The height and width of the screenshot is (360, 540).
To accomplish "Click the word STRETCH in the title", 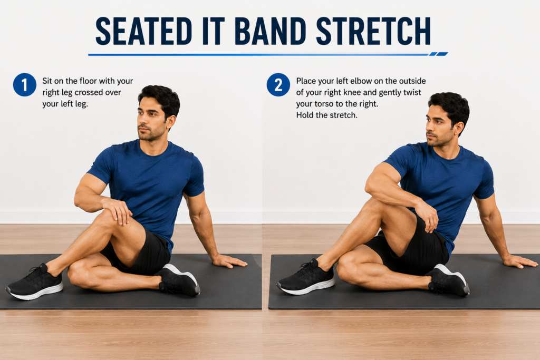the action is click(x=373, y=31).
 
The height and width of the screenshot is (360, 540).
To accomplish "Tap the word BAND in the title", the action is click(x=271, y=31).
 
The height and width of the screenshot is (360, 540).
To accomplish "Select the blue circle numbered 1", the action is click(x=25, y=85).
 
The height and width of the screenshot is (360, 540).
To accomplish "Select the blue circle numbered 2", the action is click(x=278, y=85).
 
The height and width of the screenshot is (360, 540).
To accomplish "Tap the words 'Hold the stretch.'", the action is click(x=327, y=115).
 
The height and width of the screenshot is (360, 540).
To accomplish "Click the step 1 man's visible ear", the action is click(x=169, y=122).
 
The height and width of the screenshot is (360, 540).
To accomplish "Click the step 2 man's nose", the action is click(x=429, y=129).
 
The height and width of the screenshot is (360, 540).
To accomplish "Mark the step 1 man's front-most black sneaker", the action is click(x=35, y=281).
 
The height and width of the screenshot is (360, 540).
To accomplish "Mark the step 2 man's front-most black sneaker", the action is click(x=306, y=277).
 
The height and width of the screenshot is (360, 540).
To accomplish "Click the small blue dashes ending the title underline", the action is click(x=438, y=54).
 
